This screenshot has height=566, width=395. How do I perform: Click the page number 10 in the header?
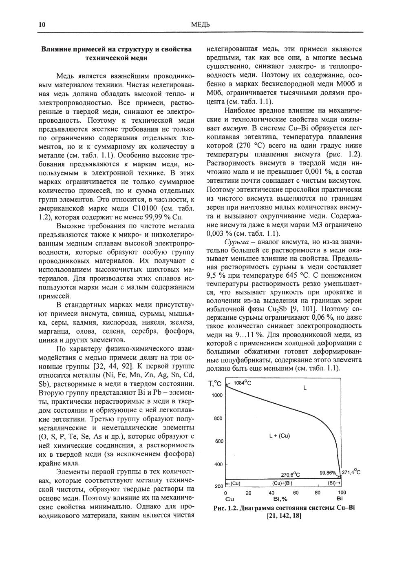[42, 25]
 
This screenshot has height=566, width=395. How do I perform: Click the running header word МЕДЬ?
[200, 25]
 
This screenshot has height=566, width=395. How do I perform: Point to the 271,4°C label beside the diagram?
[351, 472]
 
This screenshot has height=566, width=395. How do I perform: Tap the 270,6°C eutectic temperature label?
[291, 475]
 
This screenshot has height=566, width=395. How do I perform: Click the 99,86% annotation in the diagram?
[328, 473]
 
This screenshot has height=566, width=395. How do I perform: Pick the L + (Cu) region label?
[280, 436]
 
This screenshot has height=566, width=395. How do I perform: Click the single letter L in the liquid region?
[305, 388]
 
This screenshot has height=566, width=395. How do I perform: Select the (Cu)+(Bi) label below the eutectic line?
[282, 483]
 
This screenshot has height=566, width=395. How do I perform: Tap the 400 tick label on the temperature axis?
[218, 464]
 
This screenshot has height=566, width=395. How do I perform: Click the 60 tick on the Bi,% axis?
[296, 493]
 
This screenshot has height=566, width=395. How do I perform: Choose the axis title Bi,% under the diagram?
[280, 499]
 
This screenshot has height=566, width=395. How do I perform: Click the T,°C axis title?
[215, 384]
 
